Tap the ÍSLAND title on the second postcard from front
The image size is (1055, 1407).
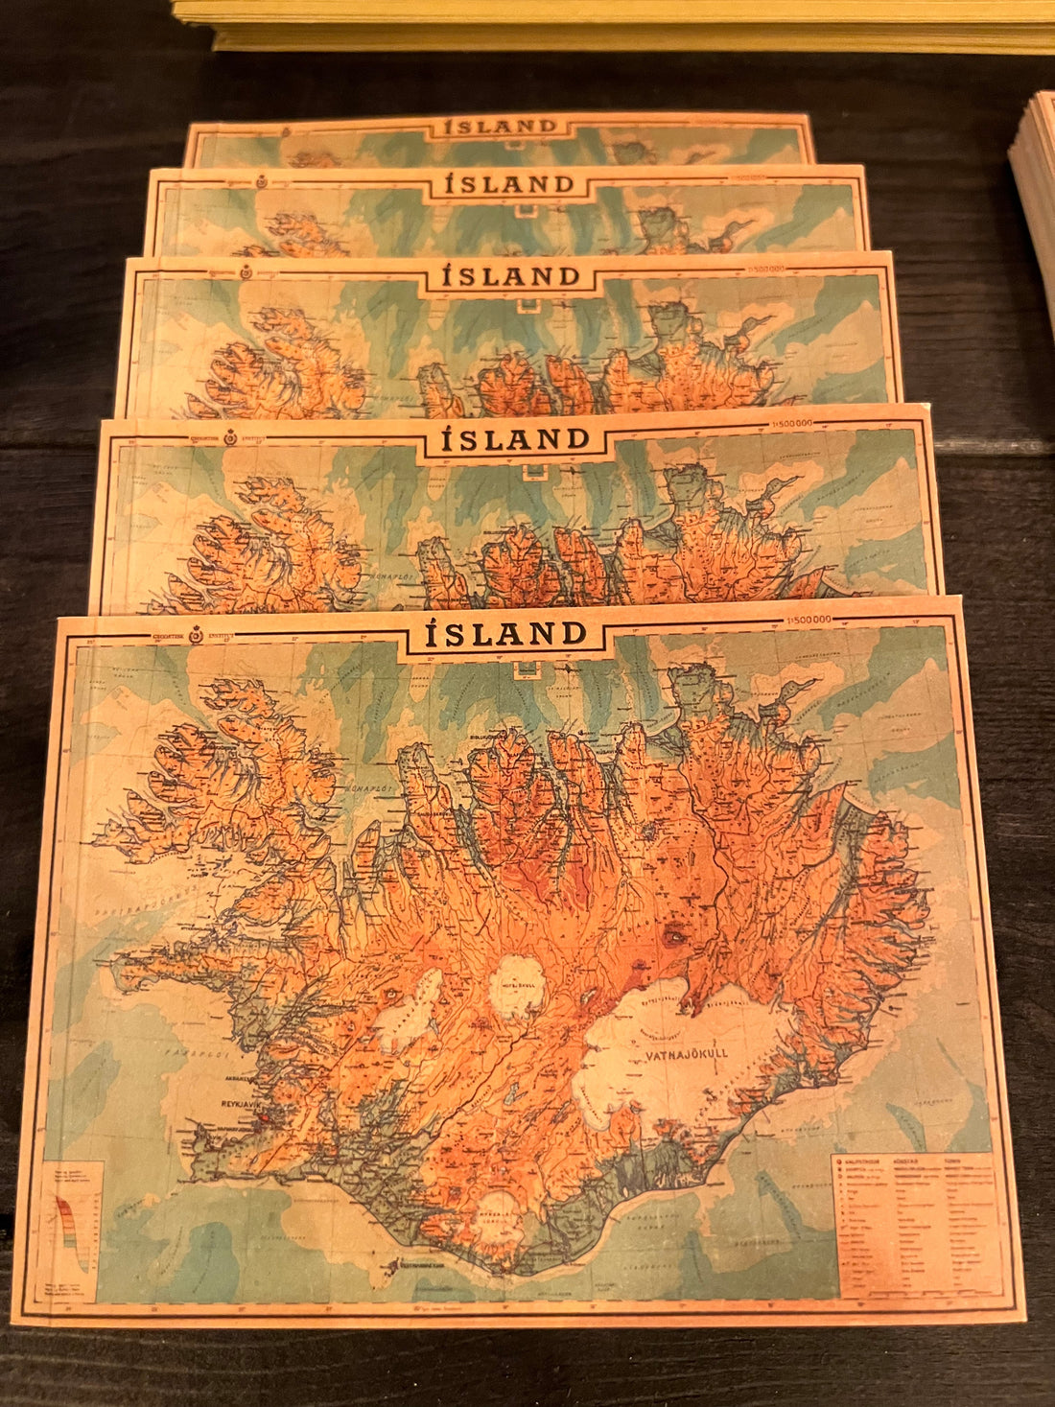point(515,440)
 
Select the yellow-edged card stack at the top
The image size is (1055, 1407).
point(614,25)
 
